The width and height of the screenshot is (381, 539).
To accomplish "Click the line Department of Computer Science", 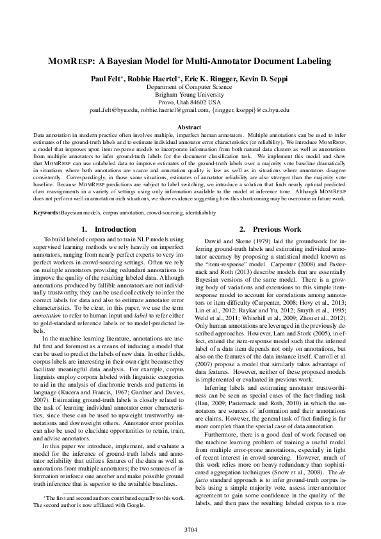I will coord(190,86).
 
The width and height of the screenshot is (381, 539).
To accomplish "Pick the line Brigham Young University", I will coord(190,93).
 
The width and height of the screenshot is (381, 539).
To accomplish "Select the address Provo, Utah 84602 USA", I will coord(190,101).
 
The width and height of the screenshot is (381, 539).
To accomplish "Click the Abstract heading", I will coord(190,127).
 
